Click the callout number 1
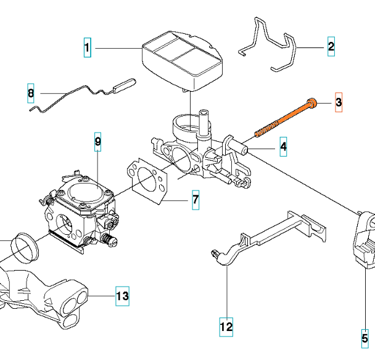(x=87, y=47)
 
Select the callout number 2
(x=331, y=47)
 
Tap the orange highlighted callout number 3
(x=338, y=102)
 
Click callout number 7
(x=195, y=200)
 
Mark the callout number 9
(x=97, y=143)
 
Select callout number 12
(x=226, y=325)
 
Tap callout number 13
(x=123, y=297)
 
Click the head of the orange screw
(x=313, y=102)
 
